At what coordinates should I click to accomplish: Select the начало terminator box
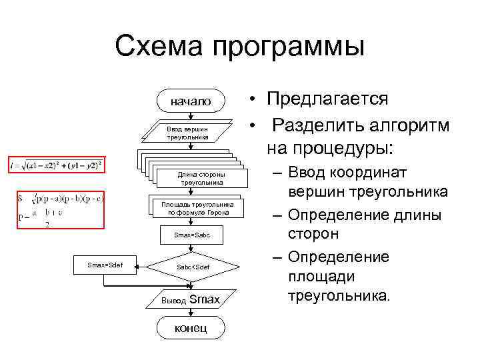[x=190, y=102]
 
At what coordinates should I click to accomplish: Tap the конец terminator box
[x=190, y=327]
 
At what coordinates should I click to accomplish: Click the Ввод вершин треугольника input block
[x=188, y=132]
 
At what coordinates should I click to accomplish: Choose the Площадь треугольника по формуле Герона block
[x=193, y=209]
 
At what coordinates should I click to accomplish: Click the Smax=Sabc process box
[x=192, y=235]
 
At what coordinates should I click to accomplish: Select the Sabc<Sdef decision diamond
[x=193, y=267]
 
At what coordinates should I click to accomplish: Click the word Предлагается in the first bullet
[x=327, y=99]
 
